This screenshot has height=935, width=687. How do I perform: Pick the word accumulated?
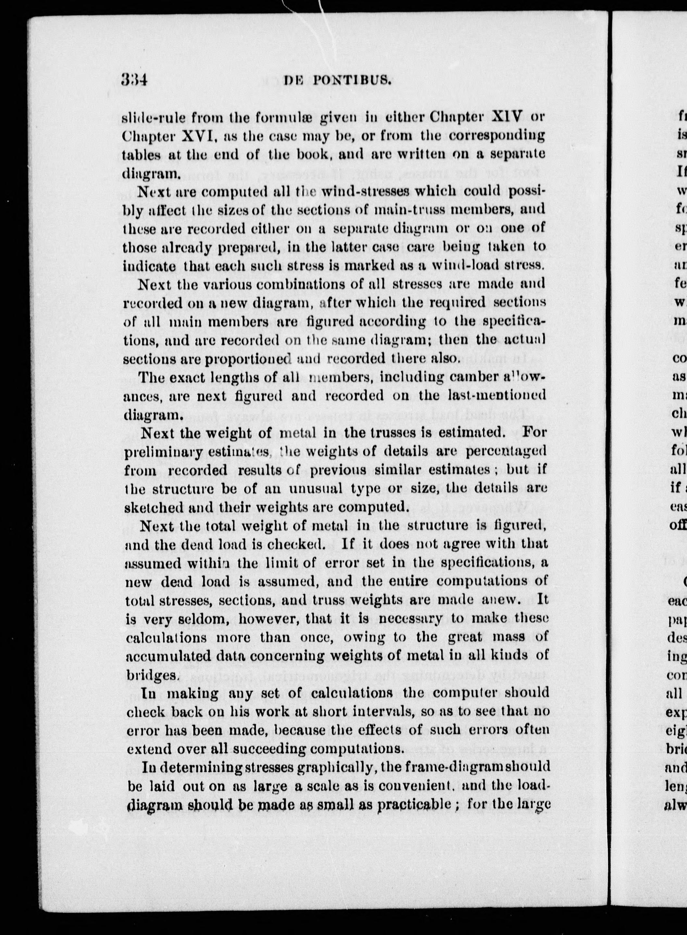click(x=170, y=656)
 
